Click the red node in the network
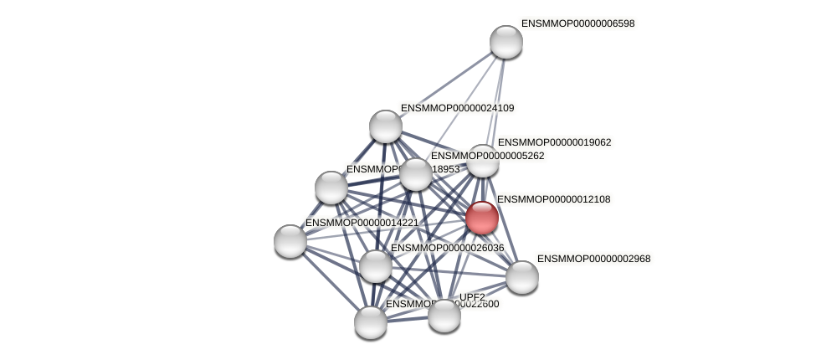click(482, 218)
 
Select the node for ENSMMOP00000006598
click(506, 42)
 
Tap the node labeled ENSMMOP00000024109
click(386, 126)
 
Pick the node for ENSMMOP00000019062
click(483, 161)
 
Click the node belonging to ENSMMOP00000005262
click(416, 174)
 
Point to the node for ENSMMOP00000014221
click(290, 241)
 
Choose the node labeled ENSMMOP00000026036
click(376, 266)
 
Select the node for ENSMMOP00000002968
click(522, 277)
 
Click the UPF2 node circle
click(444, 316)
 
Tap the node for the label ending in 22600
click(371, 322)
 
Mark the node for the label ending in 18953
click(331, 188)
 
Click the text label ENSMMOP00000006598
click(577, 24)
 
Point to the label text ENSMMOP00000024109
click(457, 108)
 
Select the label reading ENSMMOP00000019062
click(554, 142)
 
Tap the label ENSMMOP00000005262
click(487, 156)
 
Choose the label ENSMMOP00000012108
click(554, 199)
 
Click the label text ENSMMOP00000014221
click(362, 223)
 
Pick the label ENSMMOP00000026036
click(447, 248)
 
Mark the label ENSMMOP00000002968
click(593, 259)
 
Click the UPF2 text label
click(472, 297)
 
